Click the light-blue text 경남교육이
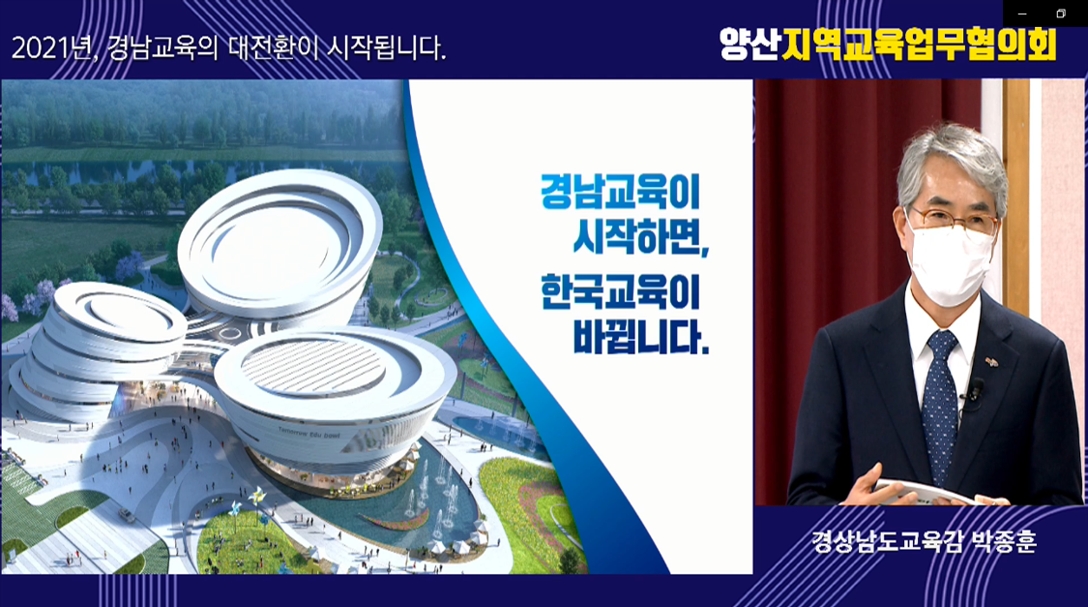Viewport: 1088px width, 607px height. coord(620,192)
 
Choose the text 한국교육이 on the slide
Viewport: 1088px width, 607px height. coord(620,291)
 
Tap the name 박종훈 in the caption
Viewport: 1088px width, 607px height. coord(1004,540)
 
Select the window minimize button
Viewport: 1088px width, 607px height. coord(1022,14)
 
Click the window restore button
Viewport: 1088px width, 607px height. coord(1060,14)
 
